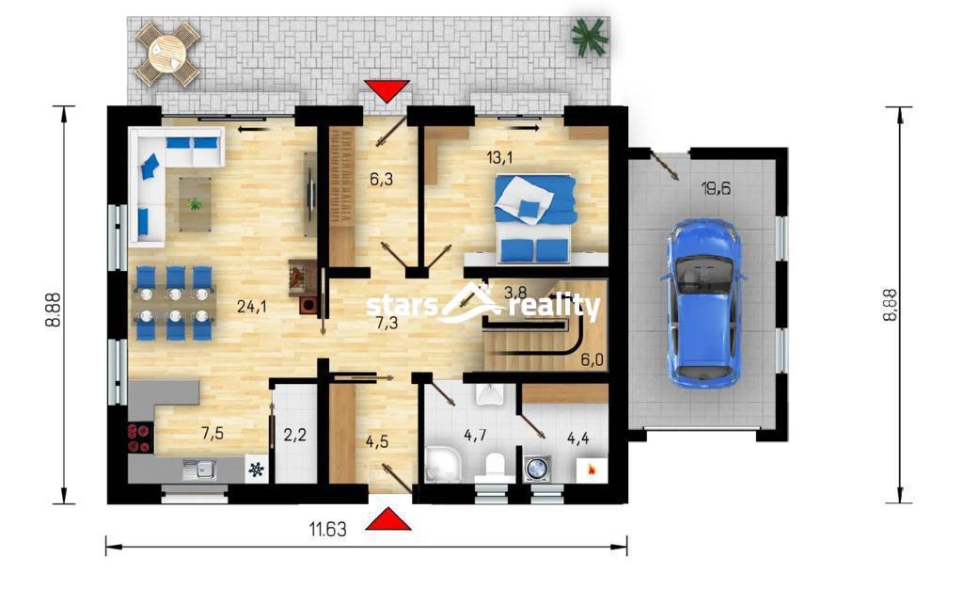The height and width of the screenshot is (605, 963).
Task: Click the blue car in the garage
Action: (703, 304)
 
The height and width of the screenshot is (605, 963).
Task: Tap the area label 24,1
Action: (252, 306)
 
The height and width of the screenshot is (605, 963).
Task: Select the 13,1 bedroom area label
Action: (499, 158)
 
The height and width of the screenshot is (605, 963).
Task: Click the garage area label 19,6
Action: (716, 188)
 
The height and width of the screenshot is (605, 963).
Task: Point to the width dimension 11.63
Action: (327, 529)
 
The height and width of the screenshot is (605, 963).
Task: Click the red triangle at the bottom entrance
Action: (388, 519)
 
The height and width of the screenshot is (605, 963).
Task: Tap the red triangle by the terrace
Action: (387, 91)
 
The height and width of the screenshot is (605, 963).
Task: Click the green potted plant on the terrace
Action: (589, 35)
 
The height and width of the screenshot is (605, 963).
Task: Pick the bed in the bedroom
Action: (535, 218)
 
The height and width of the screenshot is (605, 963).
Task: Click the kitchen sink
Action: (198, 470)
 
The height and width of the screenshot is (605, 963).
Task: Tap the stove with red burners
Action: (141, 438)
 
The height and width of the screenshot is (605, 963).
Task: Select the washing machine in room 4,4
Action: (537, 468)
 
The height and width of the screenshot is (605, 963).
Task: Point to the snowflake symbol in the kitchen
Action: (256, 470)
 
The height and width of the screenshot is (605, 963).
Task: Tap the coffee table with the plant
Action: (196, 203)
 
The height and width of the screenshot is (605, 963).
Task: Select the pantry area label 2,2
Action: (294, 436)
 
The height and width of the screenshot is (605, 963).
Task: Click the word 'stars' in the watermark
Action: (402, 306)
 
